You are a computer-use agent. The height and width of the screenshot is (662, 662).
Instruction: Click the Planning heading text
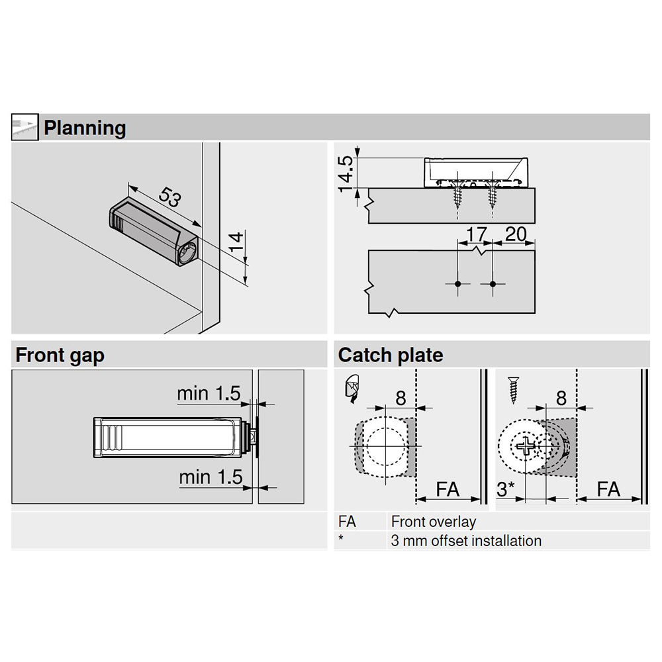84,127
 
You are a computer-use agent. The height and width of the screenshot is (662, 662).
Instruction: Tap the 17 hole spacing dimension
476,234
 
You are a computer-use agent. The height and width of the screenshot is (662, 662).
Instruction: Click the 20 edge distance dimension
515,234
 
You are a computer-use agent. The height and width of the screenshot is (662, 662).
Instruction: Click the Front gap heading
60,355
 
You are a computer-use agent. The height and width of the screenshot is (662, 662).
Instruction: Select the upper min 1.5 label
208,393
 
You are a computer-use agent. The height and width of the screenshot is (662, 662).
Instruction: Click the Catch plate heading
390,355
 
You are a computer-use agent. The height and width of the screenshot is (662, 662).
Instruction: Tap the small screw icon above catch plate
514,391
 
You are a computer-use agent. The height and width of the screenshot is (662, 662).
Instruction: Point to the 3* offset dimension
506,491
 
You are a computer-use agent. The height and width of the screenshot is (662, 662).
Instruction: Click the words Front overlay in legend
433,522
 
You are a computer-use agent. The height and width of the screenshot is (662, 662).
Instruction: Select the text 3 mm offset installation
465,541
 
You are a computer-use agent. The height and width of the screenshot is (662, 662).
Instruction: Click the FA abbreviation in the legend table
347,522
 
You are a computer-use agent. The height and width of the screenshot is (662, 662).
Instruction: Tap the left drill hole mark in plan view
457,284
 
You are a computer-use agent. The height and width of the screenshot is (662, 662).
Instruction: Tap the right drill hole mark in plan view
493,284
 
